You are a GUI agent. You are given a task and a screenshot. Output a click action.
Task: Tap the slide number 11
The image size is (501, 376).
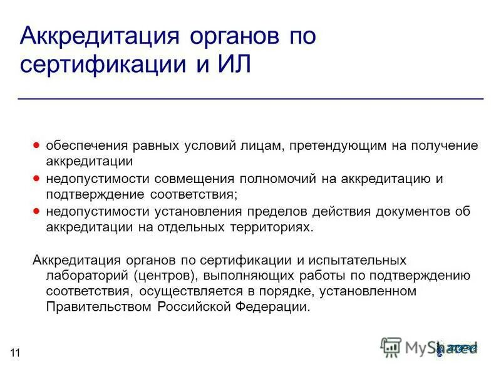click(x=15, y=353)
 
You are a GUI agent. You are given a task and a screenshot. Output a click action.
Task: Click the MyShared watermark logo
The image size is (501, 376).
click(x=429, y=347)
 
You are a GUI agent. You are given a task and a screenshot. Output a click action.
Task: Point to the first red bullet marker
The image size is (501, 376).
click(x=36, y=145)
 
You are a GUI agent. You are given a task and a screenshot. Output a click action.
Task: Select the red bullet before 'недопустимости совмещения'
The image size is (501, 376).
click(x=36, y=179)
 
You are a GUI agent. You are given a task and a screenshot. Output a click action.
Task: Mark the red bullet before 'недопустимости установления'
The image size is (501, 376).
click(x=36, y=212)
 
